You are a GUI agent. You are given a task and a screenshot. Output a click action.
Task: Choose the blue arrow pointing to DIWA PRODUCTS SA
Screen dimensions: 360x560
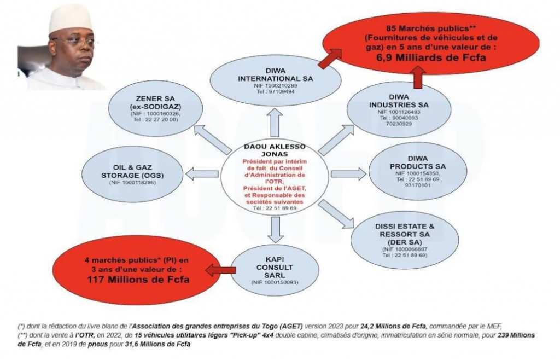(x=348, y=174)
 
